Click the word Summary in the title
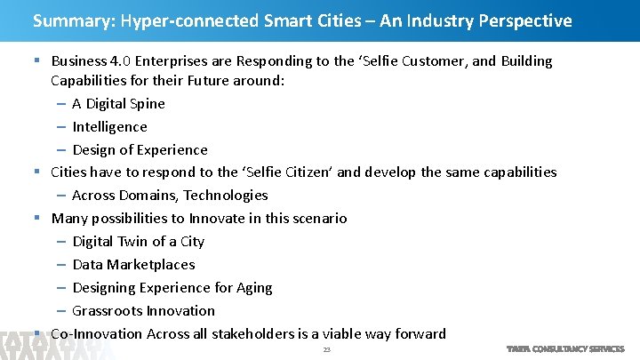(65, 20)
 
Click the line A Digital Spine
(118, 104)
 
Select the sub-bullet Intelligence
(109, 127)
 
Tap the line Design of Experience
(140, 150)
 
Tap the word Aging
(254, 288)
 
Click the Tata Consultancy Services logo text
(565, 349)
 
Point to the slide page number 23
(326, 350)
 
